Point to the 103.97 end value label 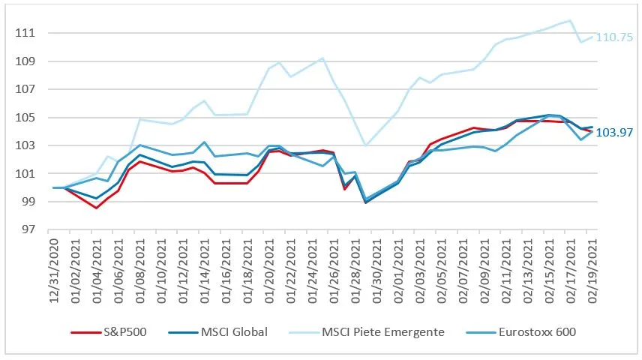614,133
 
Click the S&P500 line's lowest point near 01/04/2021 96,208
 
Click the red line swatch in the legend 86,331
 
